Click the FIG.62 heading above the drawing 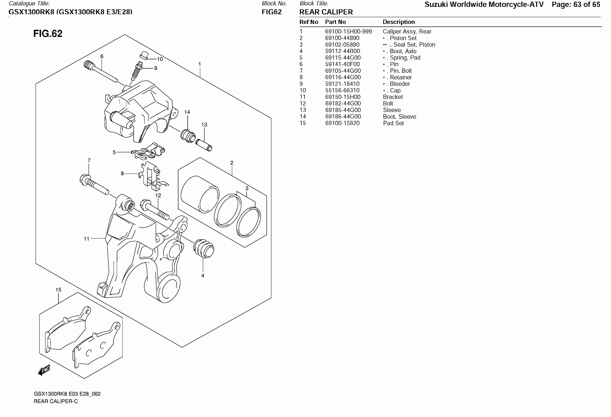48,34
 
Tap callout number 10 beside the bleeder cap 160,59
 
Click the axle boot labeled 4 204,248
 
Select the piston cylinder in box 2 200,194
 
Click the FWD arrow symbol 44,370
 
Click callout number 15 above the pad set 58,290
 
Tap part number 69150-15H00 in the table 343,97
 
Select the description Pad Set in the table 393,123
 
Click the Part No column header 335,22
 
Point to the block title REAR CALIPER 326,12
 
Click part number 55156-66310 342,90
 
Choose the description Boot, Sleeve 399,117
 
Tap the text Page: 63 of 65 576,4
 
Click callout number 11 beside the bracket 87,239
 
